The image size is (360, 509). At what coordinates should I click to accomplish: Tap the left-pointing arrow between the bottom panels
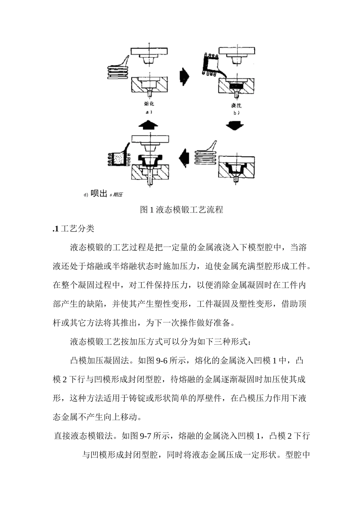point(185,157)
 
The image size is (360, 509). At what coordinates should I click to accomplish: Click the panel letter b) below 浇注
point(236,112)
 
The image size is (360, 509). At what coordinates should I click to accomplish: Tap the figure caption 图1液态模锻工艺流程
point(182,210)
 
